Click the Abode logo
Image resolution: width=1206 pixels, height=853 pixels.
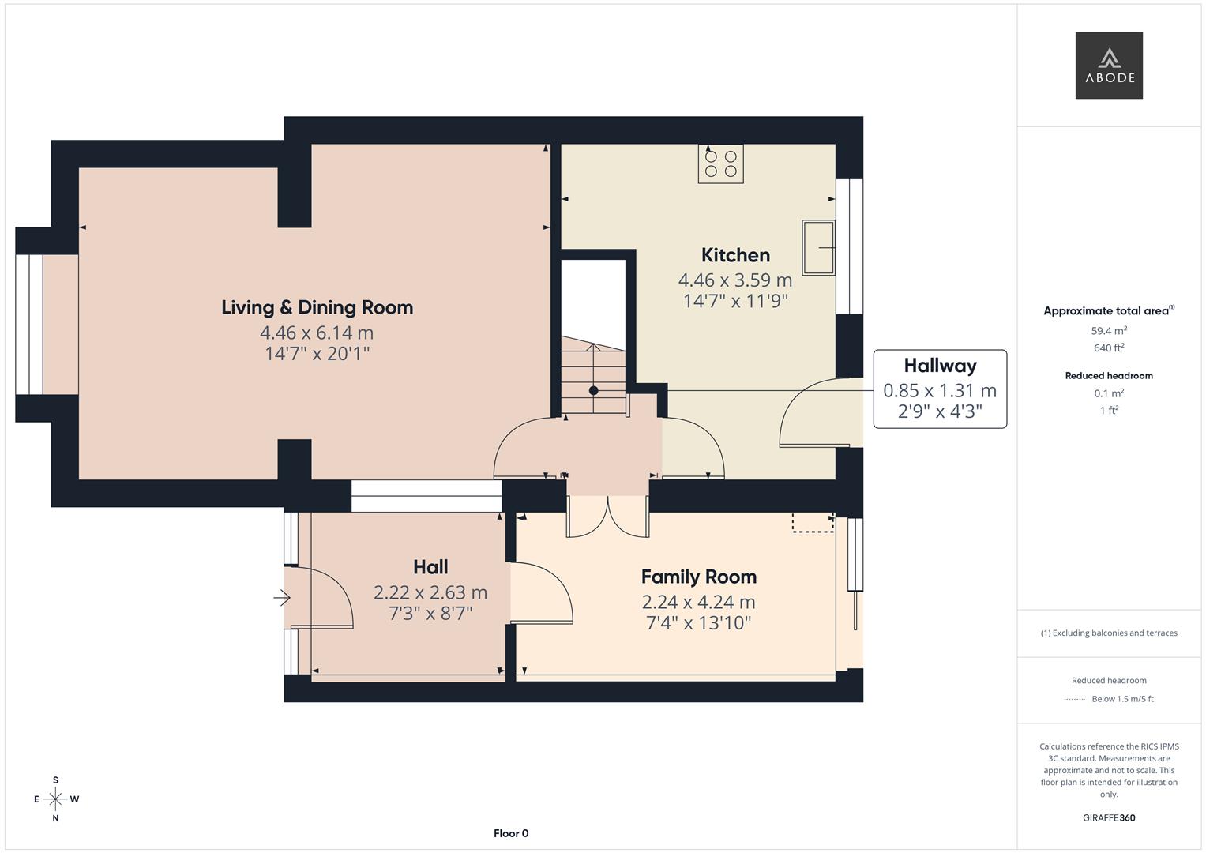[x=1109, y=65]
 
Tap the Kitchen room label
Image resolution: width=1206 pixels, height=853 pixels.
[x=735, y=255]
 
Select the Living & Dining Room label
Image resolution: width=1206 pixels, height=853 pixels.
[x=317, y=307]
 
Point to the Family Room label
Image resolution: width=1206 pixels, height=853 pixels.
[x=699, y=577]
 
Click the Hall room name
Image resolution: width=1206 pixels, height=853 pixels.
[x=430, y=567]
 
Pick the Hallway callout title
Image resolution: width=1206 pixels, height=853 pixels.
[x=940, y=366]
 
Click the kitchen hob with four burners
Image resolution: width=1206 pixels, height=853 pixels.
[x=721, y=163]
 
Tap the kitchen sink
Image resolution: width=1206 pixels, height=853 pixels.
[x=818, y=248]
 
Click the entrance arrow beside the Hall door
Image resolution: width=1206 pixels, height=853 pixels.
[x=282, y=598]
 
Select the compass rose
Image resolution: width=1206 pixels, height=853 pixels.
[x=55, y=799]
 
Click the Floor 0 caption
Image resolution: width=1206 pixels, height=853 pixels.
[x=511, y=833]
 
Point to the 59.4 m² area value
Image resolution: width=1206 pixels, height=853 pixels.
[x=1109, y=331]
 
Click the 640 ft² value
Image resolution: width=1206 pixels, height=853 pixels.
[x=1109, y=348]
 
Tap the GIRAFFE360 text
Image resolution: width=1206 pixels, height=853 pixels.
[x=1109, y=818]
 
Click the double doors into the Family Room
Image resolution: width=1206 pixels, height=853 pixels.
[x=608, y=518]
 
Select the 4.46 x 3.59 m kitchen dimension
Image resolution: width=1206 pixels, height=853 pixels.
[x=735, y=280]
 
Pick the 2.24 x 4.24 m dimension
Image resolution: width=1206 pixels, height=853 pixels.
[x=699, y=602]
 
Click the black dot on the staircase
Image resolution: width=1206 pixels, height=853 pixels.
[x=593, y=390]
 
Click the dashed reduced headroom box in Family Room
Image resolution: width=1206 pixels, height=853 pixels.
[x=813, y=522]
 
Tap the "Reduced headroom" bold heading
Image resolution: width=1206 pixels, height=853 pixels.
[x=1109, y=376]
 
